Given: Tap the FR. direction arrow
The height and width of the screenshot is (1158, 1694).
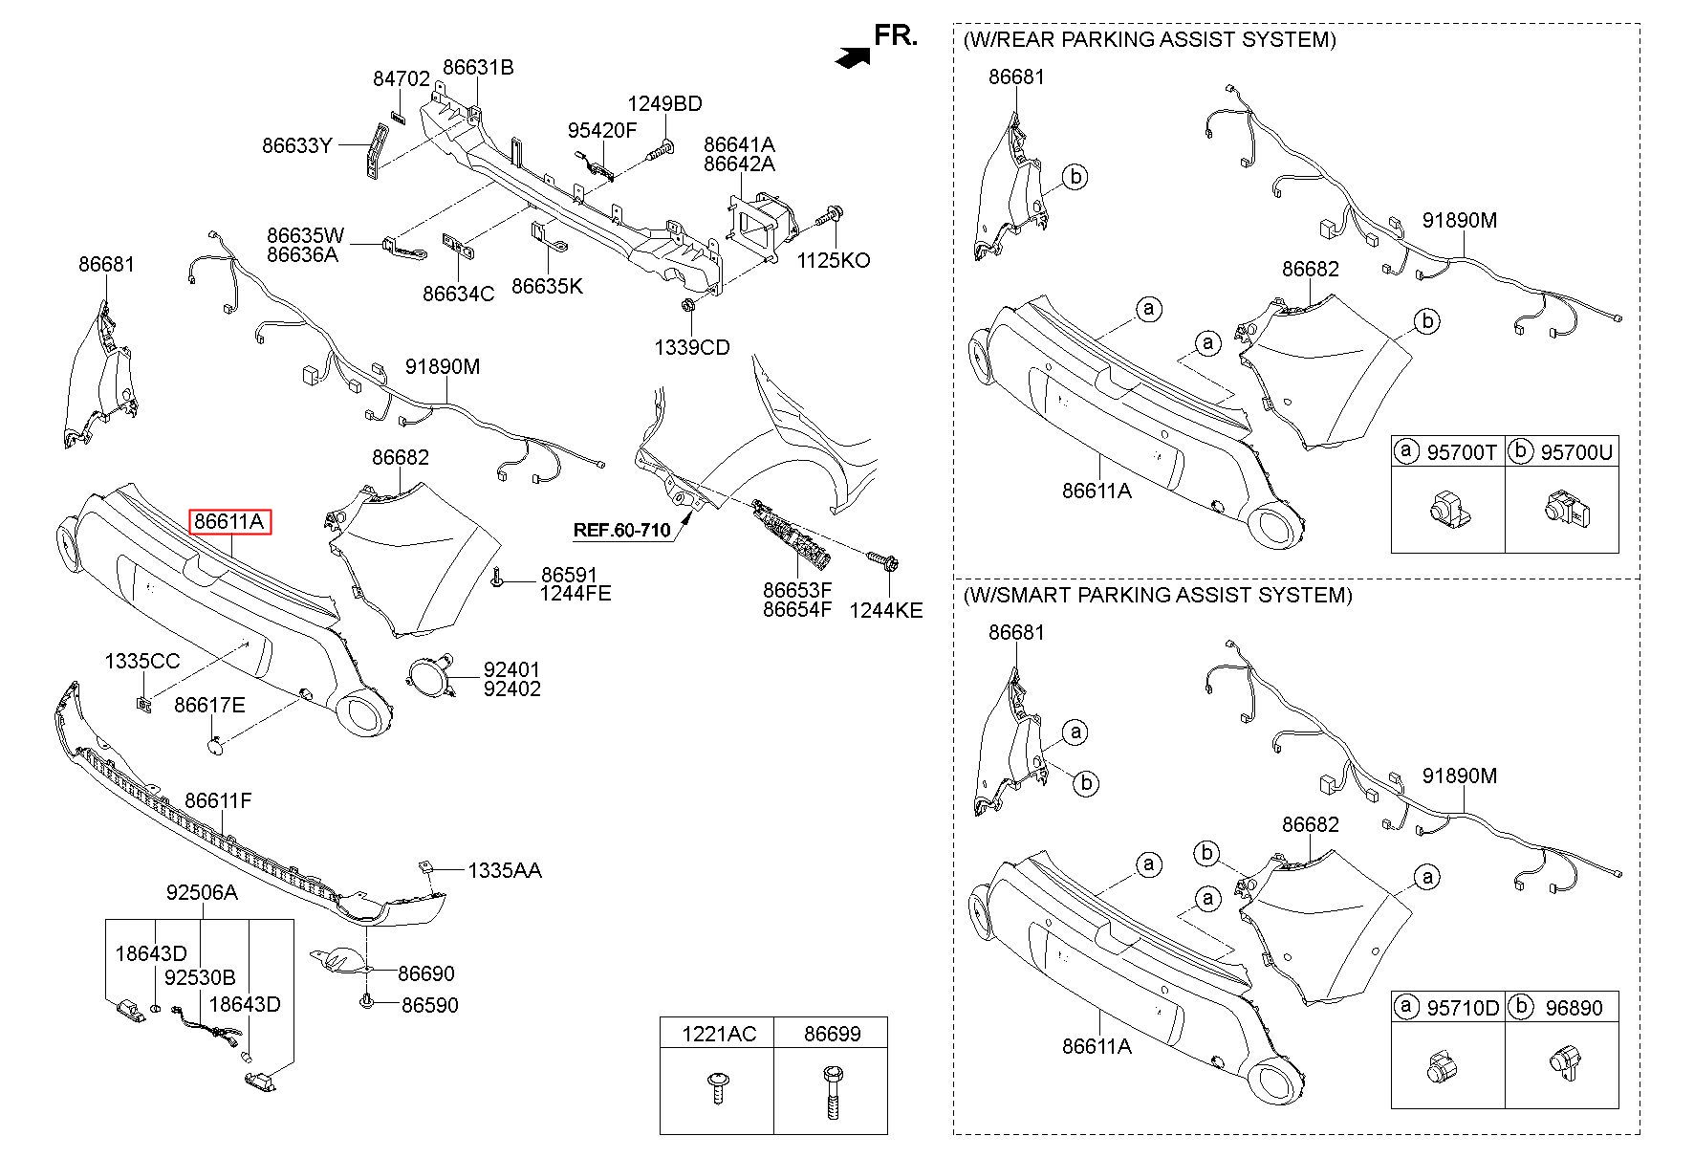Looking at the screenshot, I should coord(853,57).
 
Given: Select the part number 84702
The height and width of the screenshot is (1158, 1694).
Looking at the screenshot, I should coord(401,79).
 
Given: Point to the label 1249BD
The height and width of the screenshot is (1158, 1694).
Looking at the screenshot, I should coord(664,104).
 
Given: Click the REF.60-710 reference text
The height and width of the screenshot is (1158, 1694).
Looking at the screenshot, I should coord(621,529).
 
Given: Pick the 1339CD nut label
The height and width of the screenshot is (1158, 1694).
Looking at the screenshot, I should coord(691,347).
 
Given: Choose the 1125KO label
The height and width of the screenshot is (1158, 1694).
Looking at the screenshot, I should coord(834,260).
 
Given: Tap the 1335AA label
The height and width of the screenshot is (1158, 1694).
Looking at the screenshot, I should coord(504,870).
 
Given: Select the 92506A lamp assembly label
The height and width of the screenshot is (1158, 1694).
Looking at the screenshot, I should coord(201,892).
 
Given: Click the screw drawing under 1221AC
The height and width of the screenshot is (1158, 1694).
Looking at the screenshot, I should coord(716,1089).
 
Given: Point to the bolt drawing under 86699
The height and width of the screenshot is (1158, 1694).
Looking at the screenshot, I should coord(830,1091).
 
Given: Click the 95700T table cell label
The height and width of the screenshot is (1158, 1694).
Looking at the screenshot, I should coord(1461,452).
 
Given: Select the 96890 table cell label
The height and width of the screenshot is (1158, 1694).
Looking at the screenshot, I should coord(1573,1008).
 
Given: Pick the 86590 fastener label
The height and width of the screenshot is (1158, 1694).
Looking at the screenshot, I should coord(429,1005).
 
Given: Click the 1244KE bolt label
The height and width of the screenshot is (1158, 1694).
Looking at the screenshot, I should coord(885,609).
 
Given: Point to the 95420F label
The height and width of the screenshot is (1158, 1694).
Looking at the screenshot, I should coord(601,131).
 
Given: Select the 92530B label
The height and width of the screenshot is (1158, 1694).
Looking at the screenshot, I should coord(200,977).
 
